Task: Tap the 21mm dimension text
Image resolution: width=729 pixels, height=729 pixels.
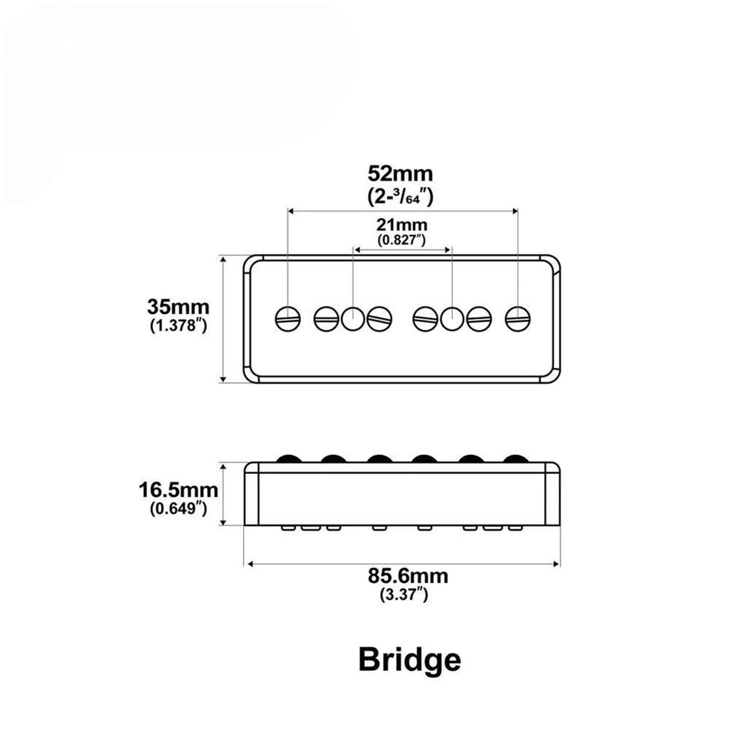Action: [x=402, y=225]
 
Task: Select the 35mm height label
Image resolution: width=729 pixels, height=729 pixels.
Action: [x=178, y=307]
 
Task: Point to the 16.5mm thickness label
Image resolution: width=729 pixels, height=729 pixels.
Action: [x=178, y=490]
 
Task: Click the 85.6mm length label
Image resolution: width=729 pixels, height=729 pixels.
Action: [x=408, y=576]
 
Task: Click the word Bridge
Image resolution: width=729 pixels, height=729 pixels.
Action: [x=410, y=660]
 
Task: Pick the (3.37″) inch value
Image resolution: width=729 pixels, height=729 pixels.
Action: [x=404, y=594]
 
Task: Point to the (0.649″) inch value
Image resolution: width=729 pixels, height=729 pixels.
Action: [x=178, y=508]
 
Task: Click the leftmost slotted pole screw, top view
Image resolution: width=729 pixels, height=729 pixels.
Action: [x=288, y=318]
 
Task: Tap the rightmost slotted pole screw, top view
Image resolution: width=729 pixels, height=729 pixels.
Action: [x=518, y=318]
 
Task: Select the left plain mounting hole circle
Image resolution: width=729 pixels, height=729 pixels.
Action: [x=353, y=318]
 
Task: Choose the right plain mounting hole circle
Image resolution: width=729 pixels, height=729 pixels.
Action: [x=452, y=318]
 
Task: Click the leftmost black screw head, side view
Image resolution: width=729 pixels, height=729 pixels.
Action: [x=288, y=458]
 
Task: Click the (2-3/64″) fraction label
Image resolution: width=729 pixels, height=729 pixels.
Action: [x=400, y=196]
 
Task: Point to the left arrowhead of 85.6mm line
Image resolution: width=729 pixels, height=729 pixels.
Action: [x=249, y=564]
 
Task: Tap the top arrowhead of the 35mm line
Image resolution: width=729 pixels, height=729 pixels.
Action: [x=223, y=259]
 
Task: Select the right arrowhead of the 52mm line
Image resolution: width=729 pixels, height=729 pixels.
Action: [x=515, y=211]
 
